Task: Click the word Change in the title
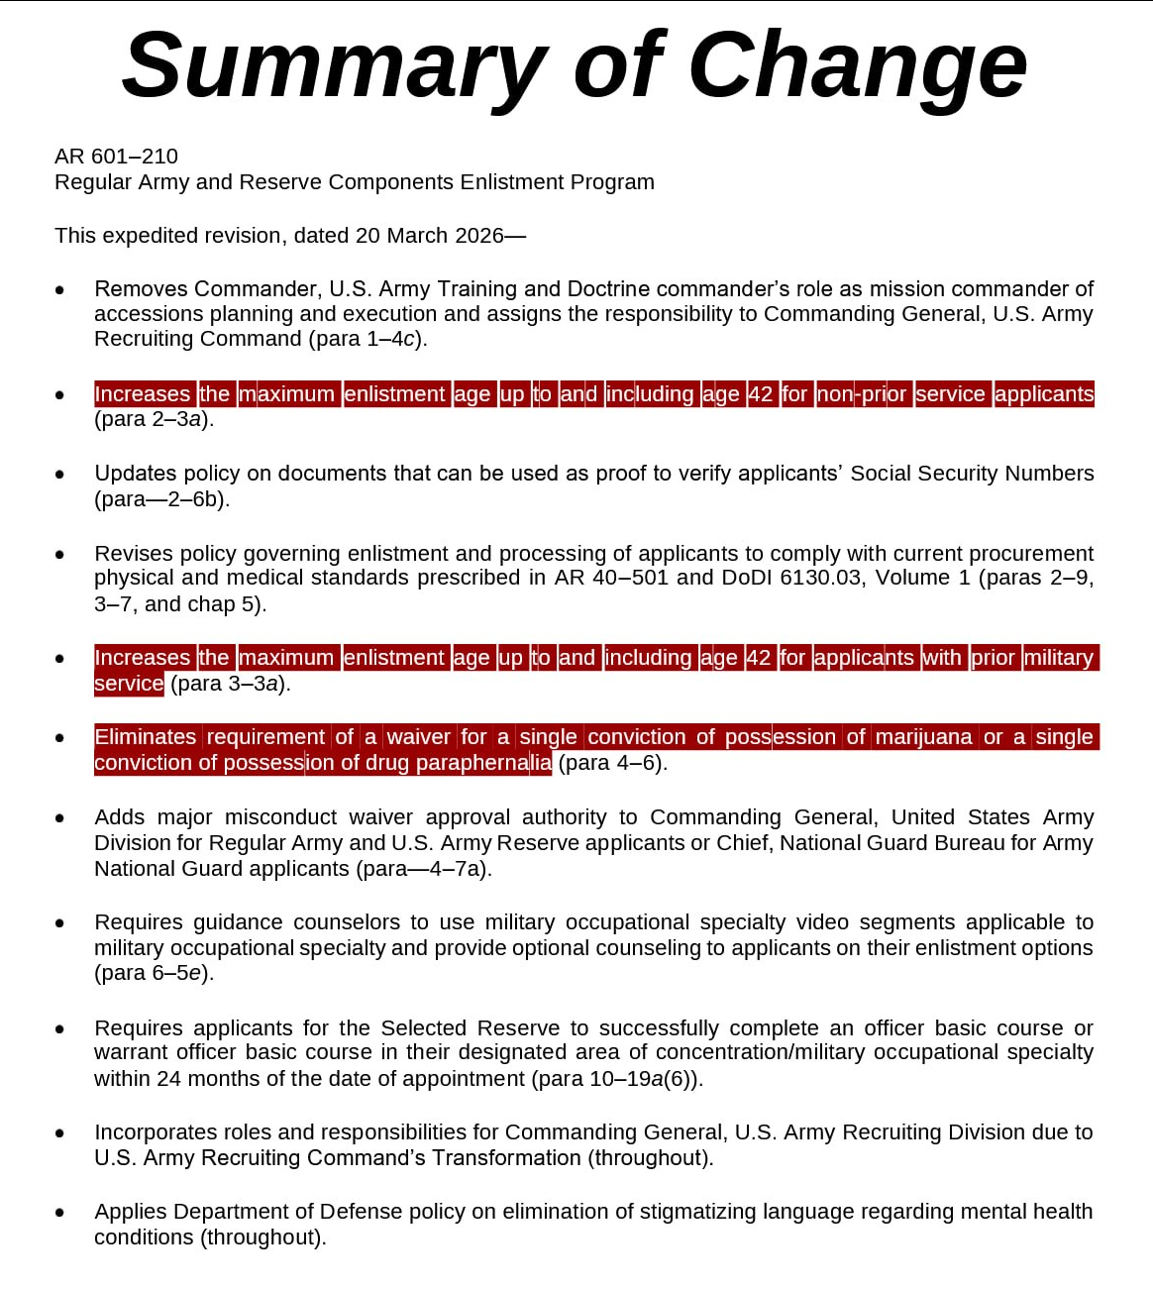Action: tap(858, 65)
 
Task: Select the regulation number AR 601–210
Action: tap(116, 157)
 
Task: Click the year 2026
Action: tap(479, 236)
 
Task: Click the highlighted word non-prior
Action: tap(862, 394)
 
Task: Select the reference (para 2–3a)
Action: tap(154, 419)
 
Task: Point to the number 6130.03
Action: tap(820, 578)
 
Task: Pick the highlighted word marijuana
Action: tap(923, 737)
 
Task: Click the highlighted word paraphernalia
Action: tap(483, 763)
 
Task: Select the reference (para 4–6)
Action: tap(612, 763)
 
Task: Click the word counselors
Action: tap(351, 922)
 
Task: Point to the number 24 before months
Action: tap(168, 1079)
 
